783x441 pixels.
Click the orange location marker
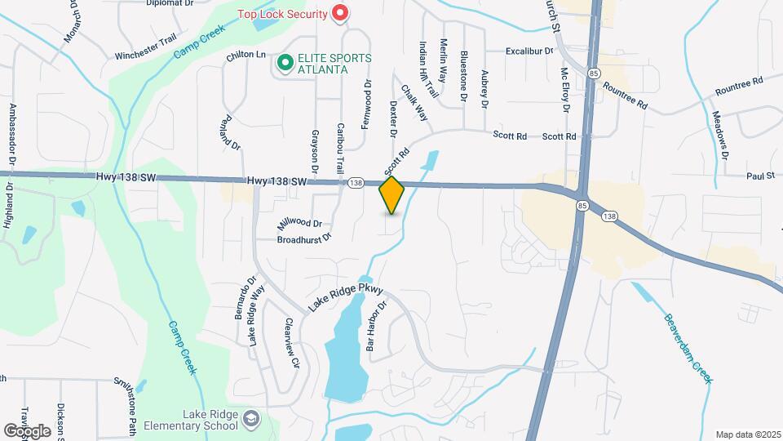(392, 195)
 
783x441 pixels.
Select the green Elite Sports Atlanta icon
(285, 63)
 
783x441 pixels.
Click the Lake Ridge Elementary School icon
(253, 420)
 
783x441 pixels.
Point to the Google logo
(27, 430)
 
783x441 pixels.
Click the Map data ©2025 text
(748, 434)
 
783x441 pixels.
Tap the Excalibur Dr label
(529, 51)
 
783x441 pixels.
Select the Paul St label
(759, 176)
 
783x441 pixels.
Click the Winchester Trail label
(145, 56)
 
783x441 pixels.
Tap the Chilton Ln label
(246, 55)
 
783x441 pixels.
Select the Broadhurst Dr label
(303, 238)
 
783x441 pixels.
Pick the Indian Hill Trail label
(429, 70)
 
